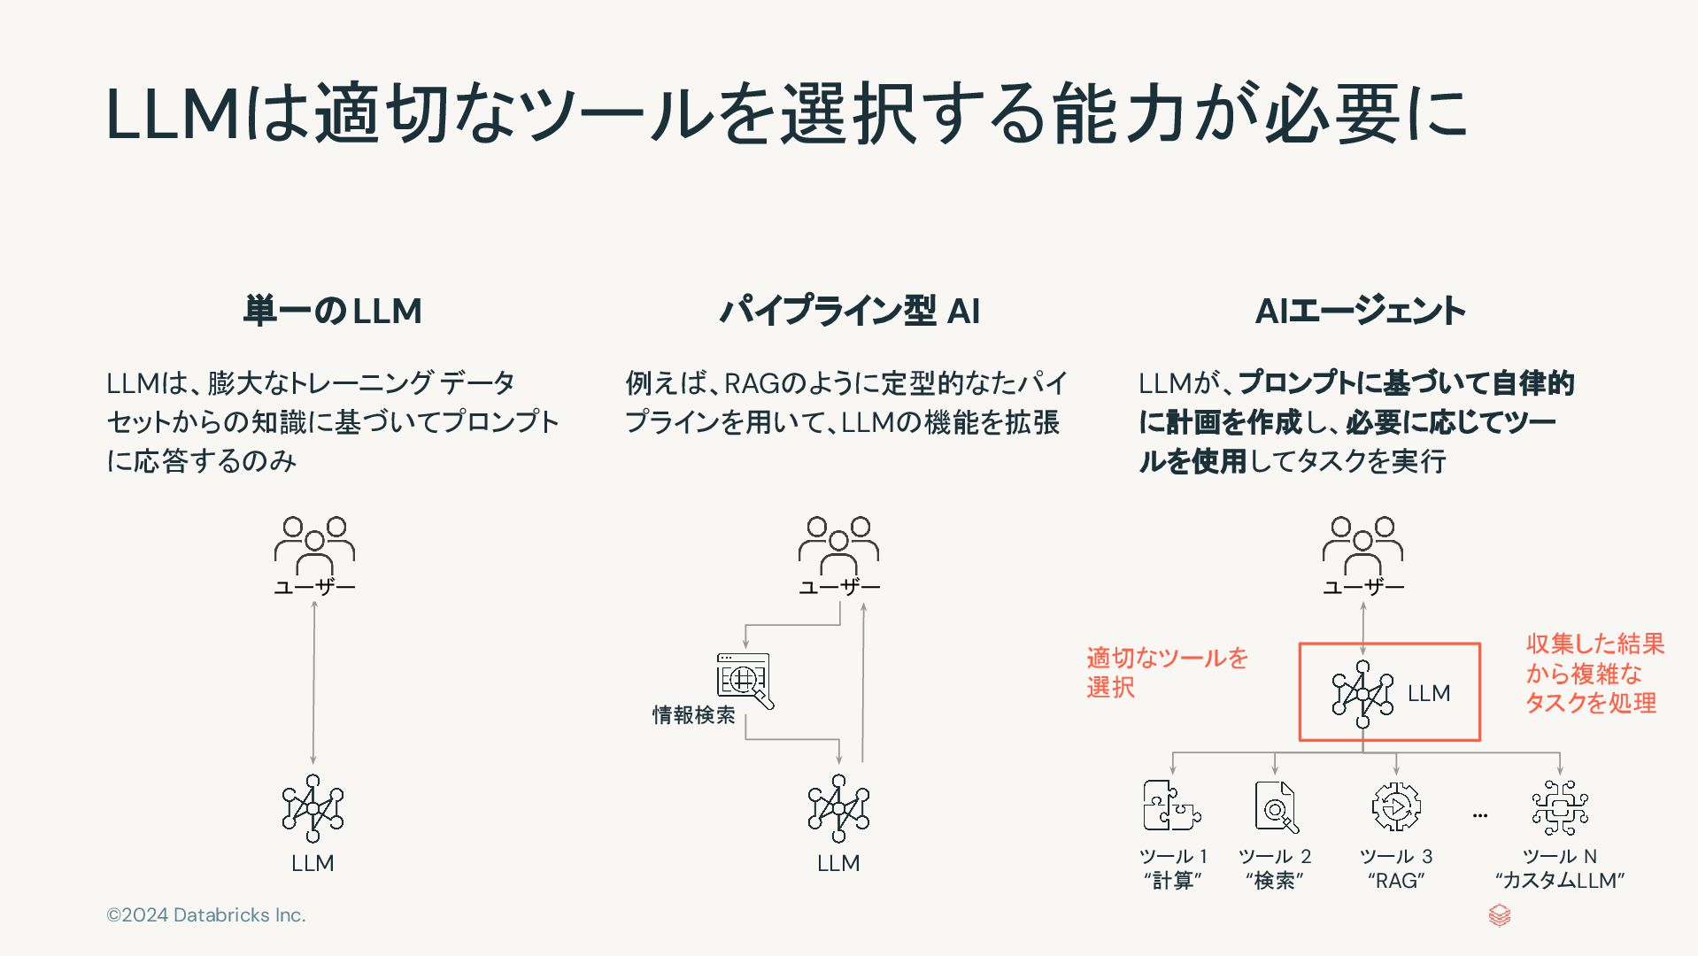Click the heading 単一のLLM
(x=332, y=312)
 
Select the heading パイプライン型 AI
(x=849, y=312)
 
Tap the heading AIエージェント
(x=1360, y=312)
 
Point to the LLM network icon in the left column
(x=313, y=808)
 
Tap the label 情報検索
(x=694, y=715)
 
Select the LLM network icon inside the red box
(x=1362, y=694)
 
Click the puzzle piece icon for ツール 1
(x=1171, y=806)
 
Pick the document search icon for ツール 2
(x=1276, y=806)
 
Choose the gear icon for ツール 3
(x=1396, y=806)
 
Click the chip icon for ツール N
(x=1560, y=807)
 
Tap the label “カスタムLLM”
(x=1560, y=881)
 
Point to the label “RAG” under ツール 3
(x=1396, y=881)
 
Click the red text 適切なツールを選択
(x=1166, y=672)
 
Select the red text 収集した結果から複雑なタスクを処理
(x=1594, y=674)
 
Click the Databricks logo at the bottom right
(x=1499, y=915)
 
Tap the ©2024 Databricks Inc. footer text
(x=206, y=915)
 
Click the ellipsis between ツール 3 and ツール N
(x=1480, y=815)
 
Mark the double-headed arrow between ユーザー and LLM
(x=313, y=682)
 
